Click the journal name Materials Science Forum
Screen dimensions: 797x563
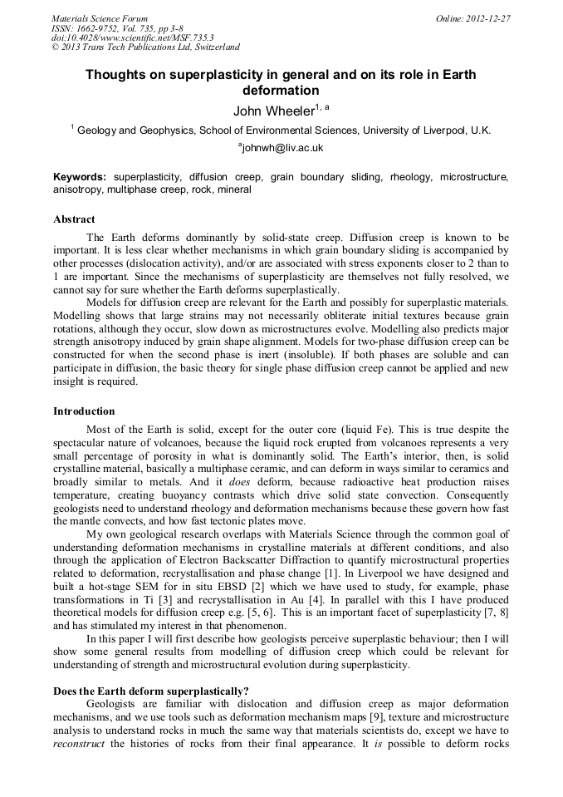(100, 17)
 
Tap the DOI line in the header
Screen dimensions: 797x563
(120, 37)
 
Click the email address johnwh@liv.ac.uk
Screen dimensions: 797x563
(281, 147)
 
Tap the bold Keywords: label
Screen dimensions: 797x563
(80, 177)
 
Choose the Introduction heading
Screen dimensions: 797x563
(86, 411)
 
